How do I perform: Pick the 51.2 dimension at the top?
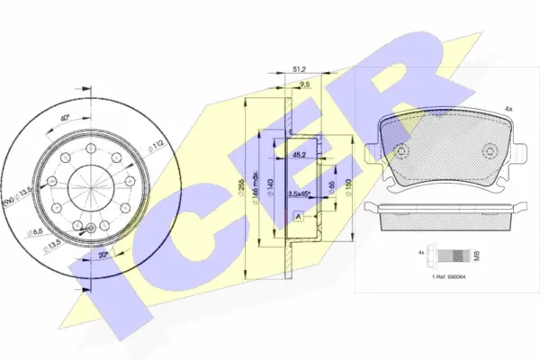click(x=301, y=67)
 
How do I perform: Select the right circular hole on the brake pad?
click(x=490, y=151)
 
